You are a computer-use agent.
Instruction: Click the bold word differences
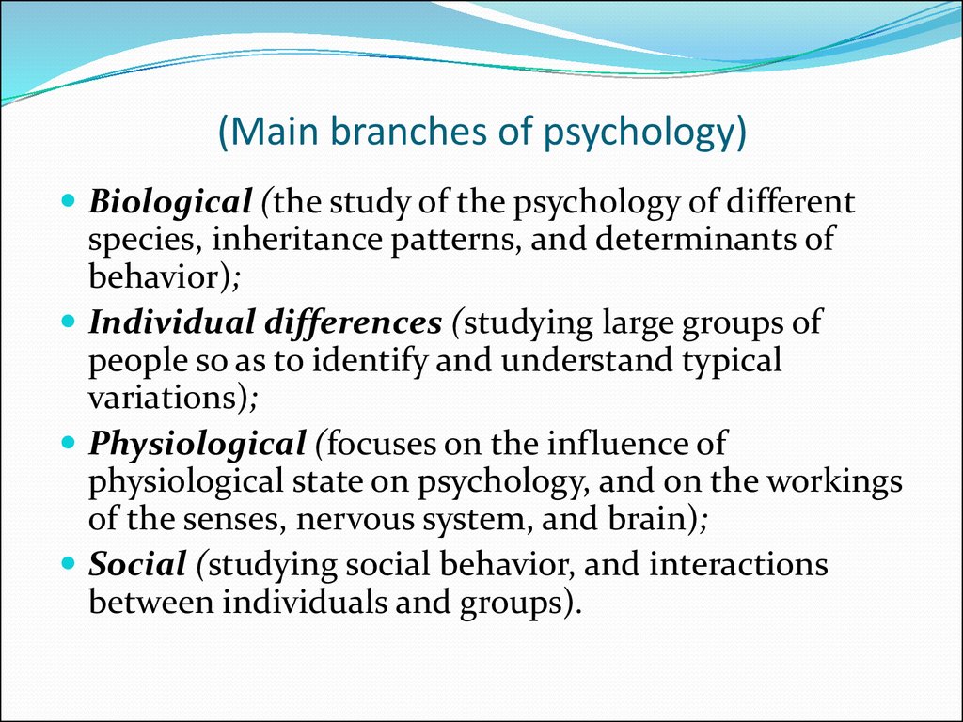pos(353,323)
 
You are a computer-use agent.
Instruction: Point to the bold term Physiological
pos(197,445)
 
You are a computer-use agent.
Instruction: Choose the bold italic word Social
pos(137,564)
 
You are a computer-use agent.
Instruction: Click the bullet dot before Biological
pos(68,200)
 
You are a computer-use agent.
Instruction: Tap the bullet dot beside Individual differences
pos(68,321)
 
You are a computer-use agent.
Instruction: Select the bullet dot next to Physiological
pos(68,442)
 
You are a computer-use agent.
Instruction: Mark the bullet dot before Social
pos(68,562)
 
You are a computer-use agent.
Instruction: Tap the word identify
pos(369,361)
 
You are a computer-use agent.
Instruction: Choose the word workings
pos(835,482)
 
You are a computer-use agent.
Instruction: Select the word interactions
pos(738,565)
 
